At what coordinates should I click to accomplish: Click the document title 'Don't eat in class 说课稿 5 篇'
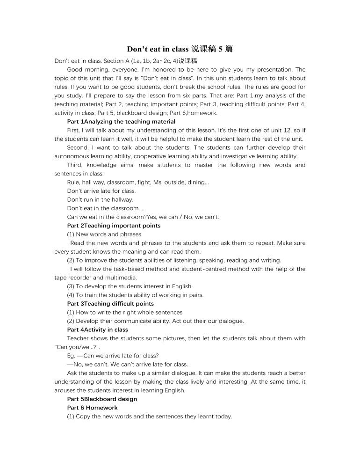click(x=180, y=49)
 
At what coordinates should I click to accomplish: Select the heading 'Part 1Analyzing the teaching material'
click(x=121, y=121)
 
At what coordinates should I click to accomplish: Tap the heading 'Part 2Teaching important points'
click(x=114, y=225)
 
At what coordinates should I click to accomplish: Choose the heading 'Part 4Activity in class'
click(x=97, y=329)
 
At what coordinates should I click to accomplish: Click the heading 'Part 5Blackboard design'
click(x=102, y=399)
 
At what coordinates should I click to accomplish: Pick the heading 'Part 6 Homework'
click(x=92, y=408)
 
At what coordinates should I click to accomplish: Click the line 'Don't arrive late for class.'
click(x=101, y=191)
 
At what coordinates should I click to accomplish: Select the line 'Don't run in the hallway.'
click(x=100, y=199)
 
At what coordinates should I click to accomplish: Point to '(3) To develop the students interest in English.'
click(x=130, y=286)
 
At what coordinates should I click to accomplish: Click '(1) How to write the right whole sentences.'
click(x=125, y=312)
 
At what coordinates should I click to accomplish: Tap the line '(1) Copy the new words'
click(x=149, y=416)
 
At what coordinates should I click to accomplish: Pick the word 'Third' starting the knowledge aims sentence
click(x=75, y=165)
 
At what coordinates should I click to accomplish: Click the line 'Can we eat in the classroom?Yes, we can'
click(x=143, y=217)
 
